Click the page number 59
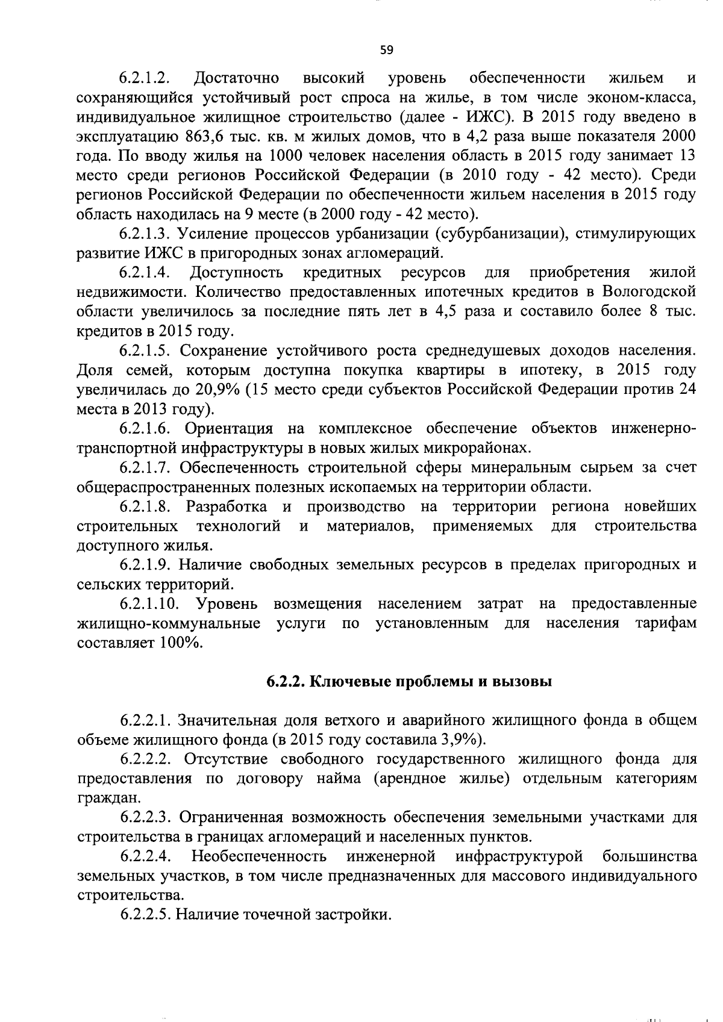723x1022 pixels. pos(387,50)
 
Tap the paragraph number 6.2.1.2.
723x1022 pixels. pos(143,78)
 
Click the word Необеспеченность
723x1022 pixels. pos(259,856)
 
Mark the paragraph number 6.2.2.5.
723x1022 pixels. pos(143,914)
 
